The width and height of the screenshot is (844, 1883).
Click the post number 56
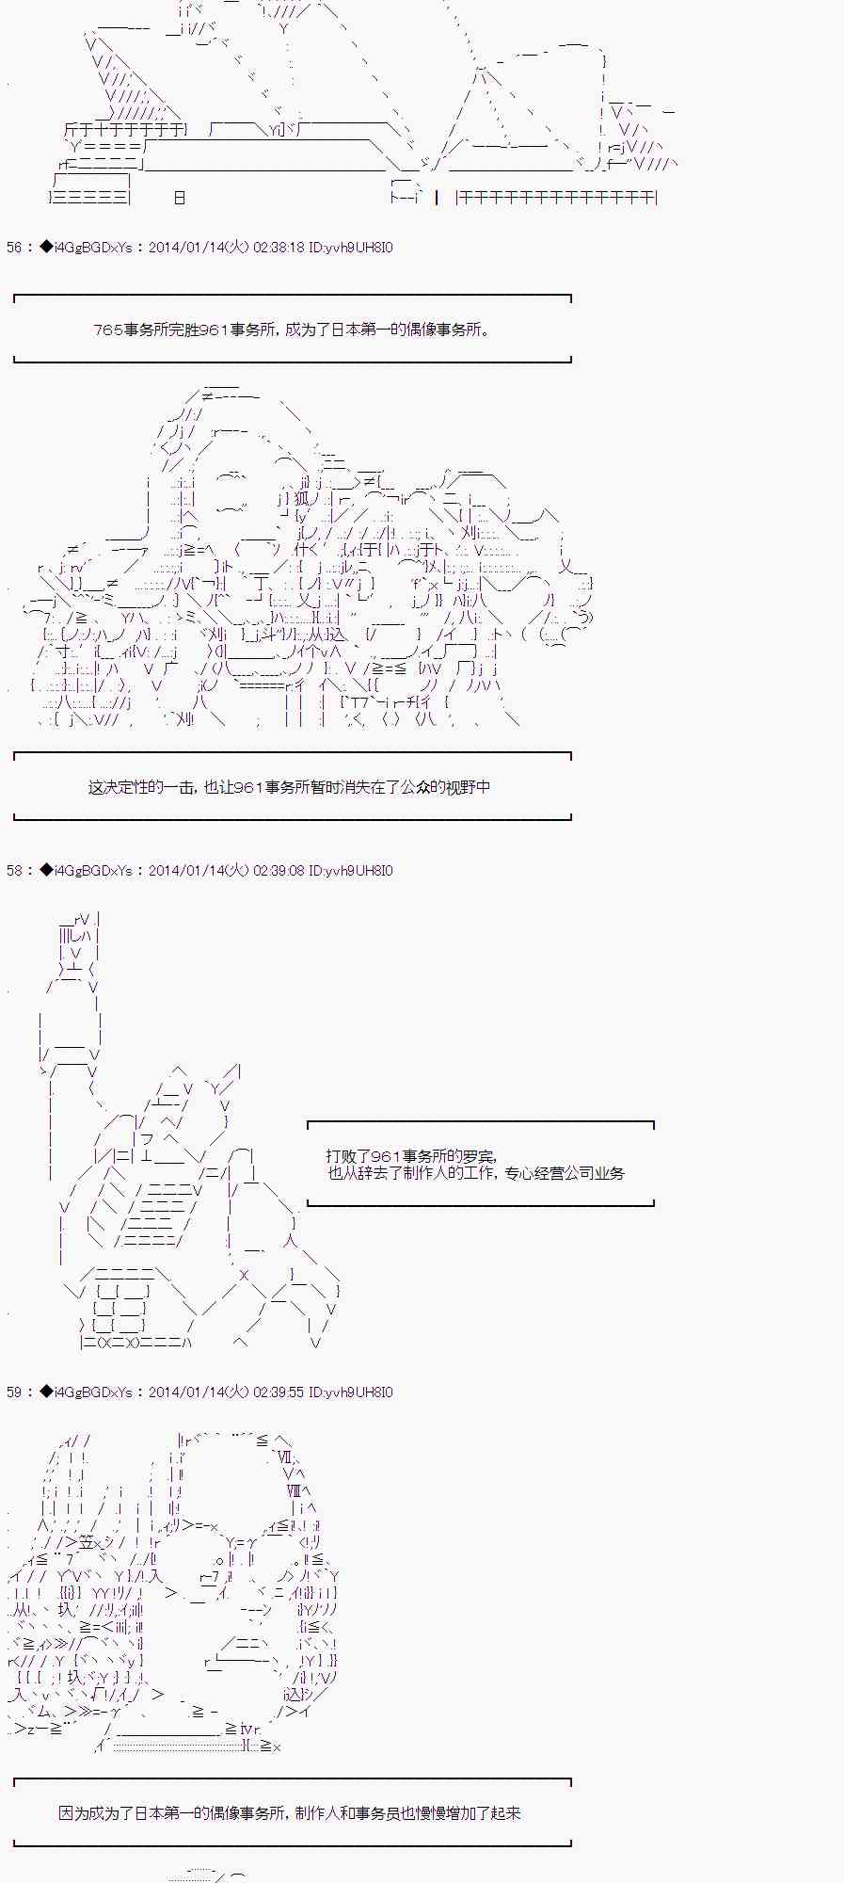click(14, 248)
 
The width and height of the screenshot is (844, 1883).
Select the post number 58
click(14, 871)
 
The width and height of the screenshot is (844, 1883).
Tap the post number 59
click(14, 1392)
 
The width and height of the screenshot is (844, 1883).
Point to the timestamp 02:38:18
click(279, 248)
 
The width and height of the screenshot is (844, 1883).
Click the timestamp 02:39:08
click(279, 871)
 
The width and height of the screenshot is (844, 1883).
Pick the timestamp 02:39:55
click(279, 1392)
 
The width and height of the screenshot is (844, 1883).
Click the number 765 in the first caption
click(106, 330)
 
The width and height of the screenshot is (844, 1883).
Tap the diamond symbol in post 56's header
click(46, 248)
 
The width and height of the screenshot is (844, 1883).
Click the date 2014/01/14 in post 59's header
click(184, 1392)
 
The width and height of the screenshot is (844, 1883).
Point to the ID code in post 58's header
click(351, 871)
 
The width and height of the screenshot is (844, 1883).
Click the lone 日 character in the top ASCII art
click(180, 198)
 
